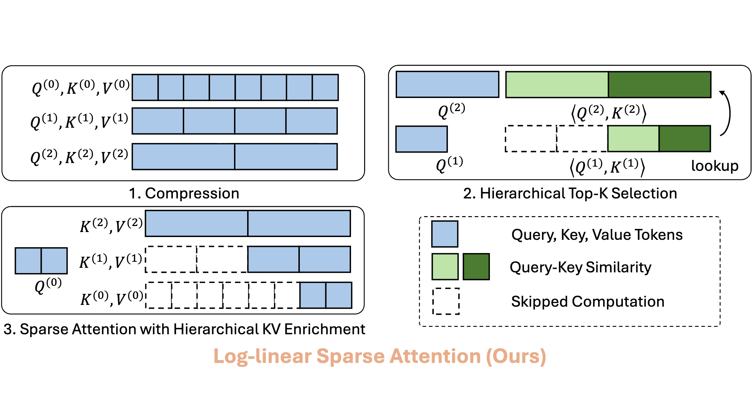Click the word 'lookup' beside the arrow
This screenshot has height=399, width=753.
(714, 166)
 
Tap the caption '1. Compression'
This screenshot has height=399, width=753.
(184, 193)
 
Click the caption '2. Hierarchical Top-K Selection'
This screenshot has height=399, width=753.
(570, 193)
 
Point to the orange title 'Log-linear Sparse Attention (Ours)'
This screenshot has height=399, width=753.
(380, 356)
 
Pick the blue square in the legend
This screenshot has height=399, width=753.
(444, 234)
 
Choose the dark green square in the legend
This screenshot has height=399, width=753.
(476, 267)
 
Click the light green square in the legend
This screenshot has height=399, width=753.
(445, 267)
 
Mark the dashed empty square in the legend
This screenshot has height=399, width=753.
(446, 301)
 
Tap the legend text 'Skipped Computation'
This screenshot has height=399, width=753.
(588, 302)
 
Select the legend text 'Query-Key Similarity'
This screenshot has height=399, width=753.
(580, 267)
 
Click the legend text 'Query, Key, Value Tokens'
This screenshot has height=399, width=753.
(597, 235)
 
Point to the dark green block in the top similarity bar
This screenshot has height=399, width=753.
(659, 85)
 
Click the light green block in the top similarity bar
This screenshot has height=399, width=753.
(557, 85)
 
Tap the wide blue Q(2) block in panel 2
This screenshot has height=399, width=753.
(447, 85)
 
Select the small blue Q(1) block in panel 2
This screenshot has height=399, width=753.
(421, 139)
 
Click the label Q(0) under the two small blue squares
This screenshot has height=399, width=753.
(48, 285)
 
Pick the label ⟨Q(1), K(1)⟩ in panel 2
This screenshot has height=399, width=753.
(607, 167)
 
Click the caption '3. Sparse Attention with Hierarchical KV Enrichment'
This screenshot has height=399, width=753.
(184, 329)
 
